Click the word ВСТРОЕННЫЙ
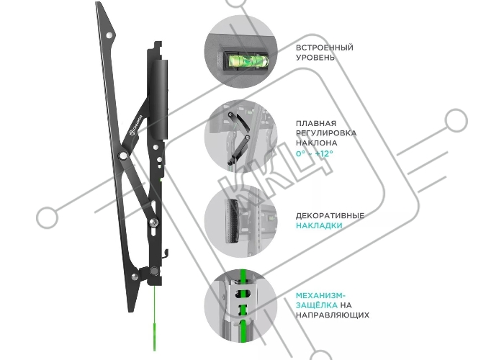pos(324,48)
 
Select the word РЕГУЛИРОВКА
pos(326,133)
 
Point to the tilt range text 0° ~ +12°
pos(315,153)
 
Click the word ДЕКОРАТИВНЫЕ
pos(330,216)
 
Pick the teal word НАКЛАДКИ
pos(319,225)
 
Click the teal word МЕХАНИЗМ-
pos(320,295)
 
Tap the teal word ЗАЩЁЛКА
pos(317,305)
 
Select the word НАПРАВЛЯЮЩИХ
pos(333,315)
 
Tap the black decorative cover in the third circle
pos(232,221)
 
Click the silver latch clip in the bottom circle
pos(243,301)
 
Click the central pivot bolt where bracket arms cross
pos(123,156)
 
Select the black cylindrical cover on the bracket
pos(159,99)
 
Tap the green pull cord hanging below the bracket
pos(155,318)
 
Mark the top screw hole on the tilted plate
pos(109,35)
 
